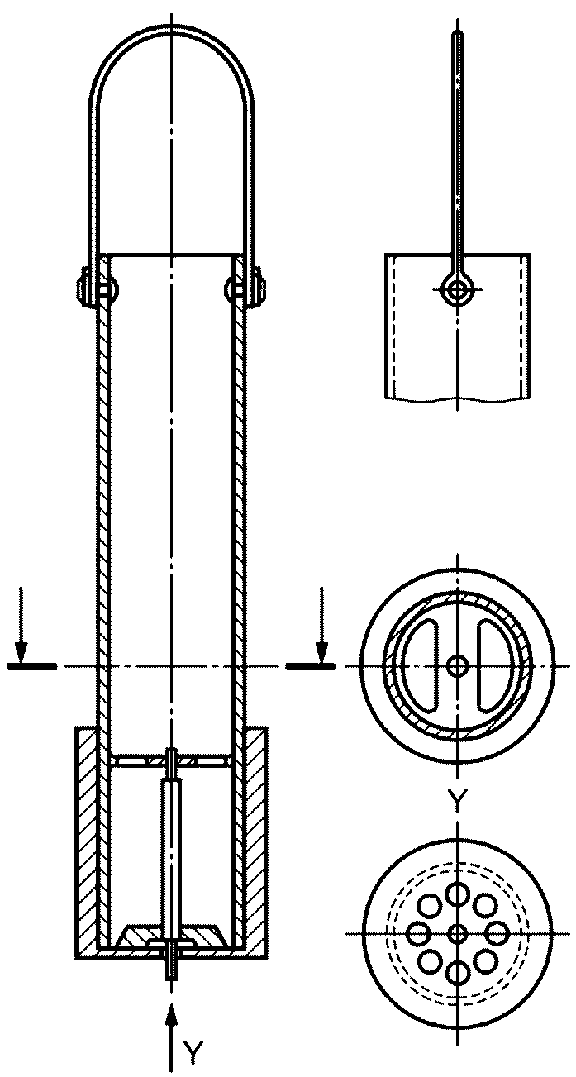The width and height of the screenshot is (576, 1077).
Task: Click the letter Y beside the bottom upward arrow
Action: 193,1052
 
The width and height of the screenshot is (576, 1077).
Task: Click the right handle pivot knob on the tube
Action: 245,289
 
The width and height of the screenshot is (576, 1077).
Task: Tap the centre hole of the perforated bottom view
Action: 457,934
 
